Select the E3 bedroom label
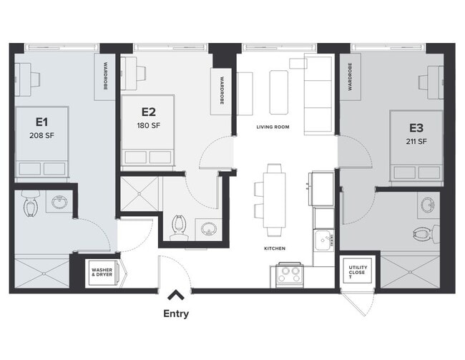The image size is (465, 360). coord(416,128)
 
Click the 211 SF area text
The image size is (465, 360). coord(416,141)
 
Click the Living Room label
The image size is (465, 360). coord(273,127)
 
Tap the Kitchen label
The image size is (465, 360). coord(274,248)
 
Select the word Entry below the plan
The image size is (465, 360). coord(176,313)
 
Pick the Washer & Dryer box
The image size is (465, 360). coord(101,272)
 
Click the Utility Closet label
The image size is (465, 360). coord(356,273)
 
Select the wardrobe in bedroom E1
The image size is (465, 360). coord(104,77)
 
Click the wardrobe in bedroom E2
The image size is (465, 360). coord(222,91)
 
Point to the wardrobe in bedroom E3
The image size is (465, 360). coord(350,77)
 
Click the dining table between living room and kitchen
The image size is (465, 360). coord(274,200)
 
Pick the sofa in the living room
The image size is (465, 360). coord(318,93)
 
